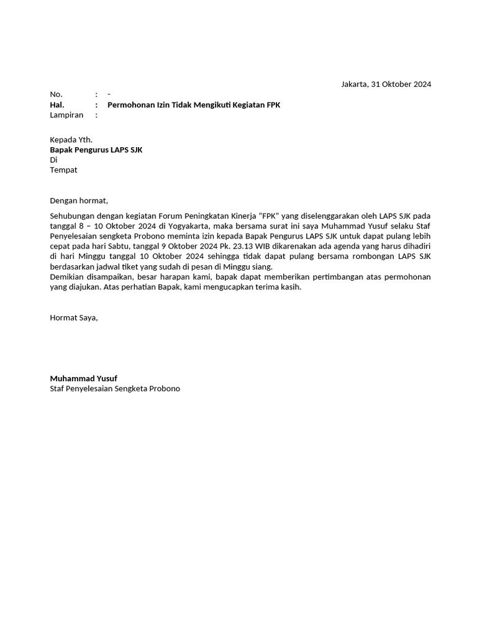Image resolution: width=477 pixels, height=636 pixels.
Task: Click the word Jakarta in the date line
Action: tap(355, 84)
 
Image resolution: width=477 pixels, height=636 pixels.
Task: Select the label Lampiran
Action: tap(66, 115)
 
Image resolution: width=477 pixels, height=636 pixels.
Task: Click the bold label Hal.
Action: tap(57, 105)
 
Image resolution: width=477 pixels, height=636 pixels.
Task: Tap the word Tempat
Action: tap(64, 170)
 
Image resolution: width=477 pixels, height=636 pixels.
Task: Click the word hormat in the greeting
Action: tap(93, 201)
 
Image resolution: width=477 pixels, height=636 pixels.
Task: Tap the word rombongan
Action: tap(375, 256)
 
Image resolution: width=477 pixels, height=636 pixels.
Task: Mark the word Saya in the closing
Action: tap(88, 317)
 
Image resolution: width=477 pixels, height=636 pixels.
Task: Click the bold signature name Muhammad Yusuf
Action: tap(84, 378)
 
